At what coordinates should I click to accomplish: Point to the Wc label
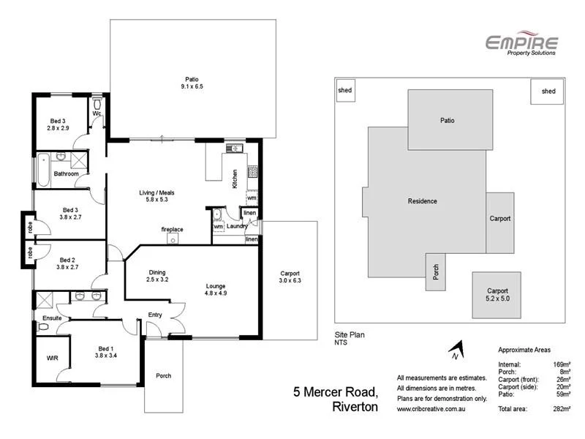click(x=96, y=114)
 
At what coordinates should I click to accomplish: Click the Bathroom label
click(x=66, y=173)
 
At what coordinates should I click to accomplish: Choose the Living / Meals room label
click(x=156, y=197)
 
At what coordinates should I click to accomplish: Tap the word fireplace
click(x=172, y=229)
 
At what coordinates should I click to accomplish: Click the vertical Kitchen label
click(x=235, y=179)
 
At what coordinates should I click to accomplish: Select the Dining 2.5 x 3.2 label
click(x=157, y=275)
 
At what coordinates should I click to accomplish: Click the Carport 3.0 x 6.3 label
click(x=290, y=277)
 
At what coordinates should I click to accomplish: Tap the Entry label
click(x=155, y=315)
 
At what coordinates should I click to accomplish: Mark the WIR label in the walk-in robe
click(x=51, y=359)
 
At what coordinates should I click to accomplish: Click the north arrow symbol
click(x=456, y=352)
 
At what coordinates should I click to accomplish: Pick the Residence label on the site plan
click(x=423, y=201)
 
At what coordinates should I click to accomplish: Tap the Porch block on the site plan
click(x=435, y=271)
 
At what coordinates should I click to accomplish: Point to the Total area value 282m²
click(x=561, y=409)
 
